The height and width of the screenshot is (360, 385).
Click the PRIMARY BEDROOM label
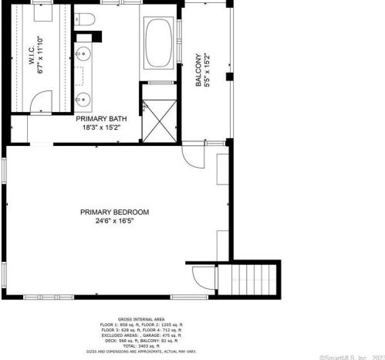pos(116,212)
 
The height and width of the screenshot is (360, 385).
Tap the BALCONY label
pos(198,70)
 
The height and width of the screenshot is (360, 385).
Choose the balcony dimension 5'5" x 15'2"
pos(207,70)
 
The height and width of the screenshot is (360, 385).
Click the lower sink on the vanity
pos(82,98)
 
